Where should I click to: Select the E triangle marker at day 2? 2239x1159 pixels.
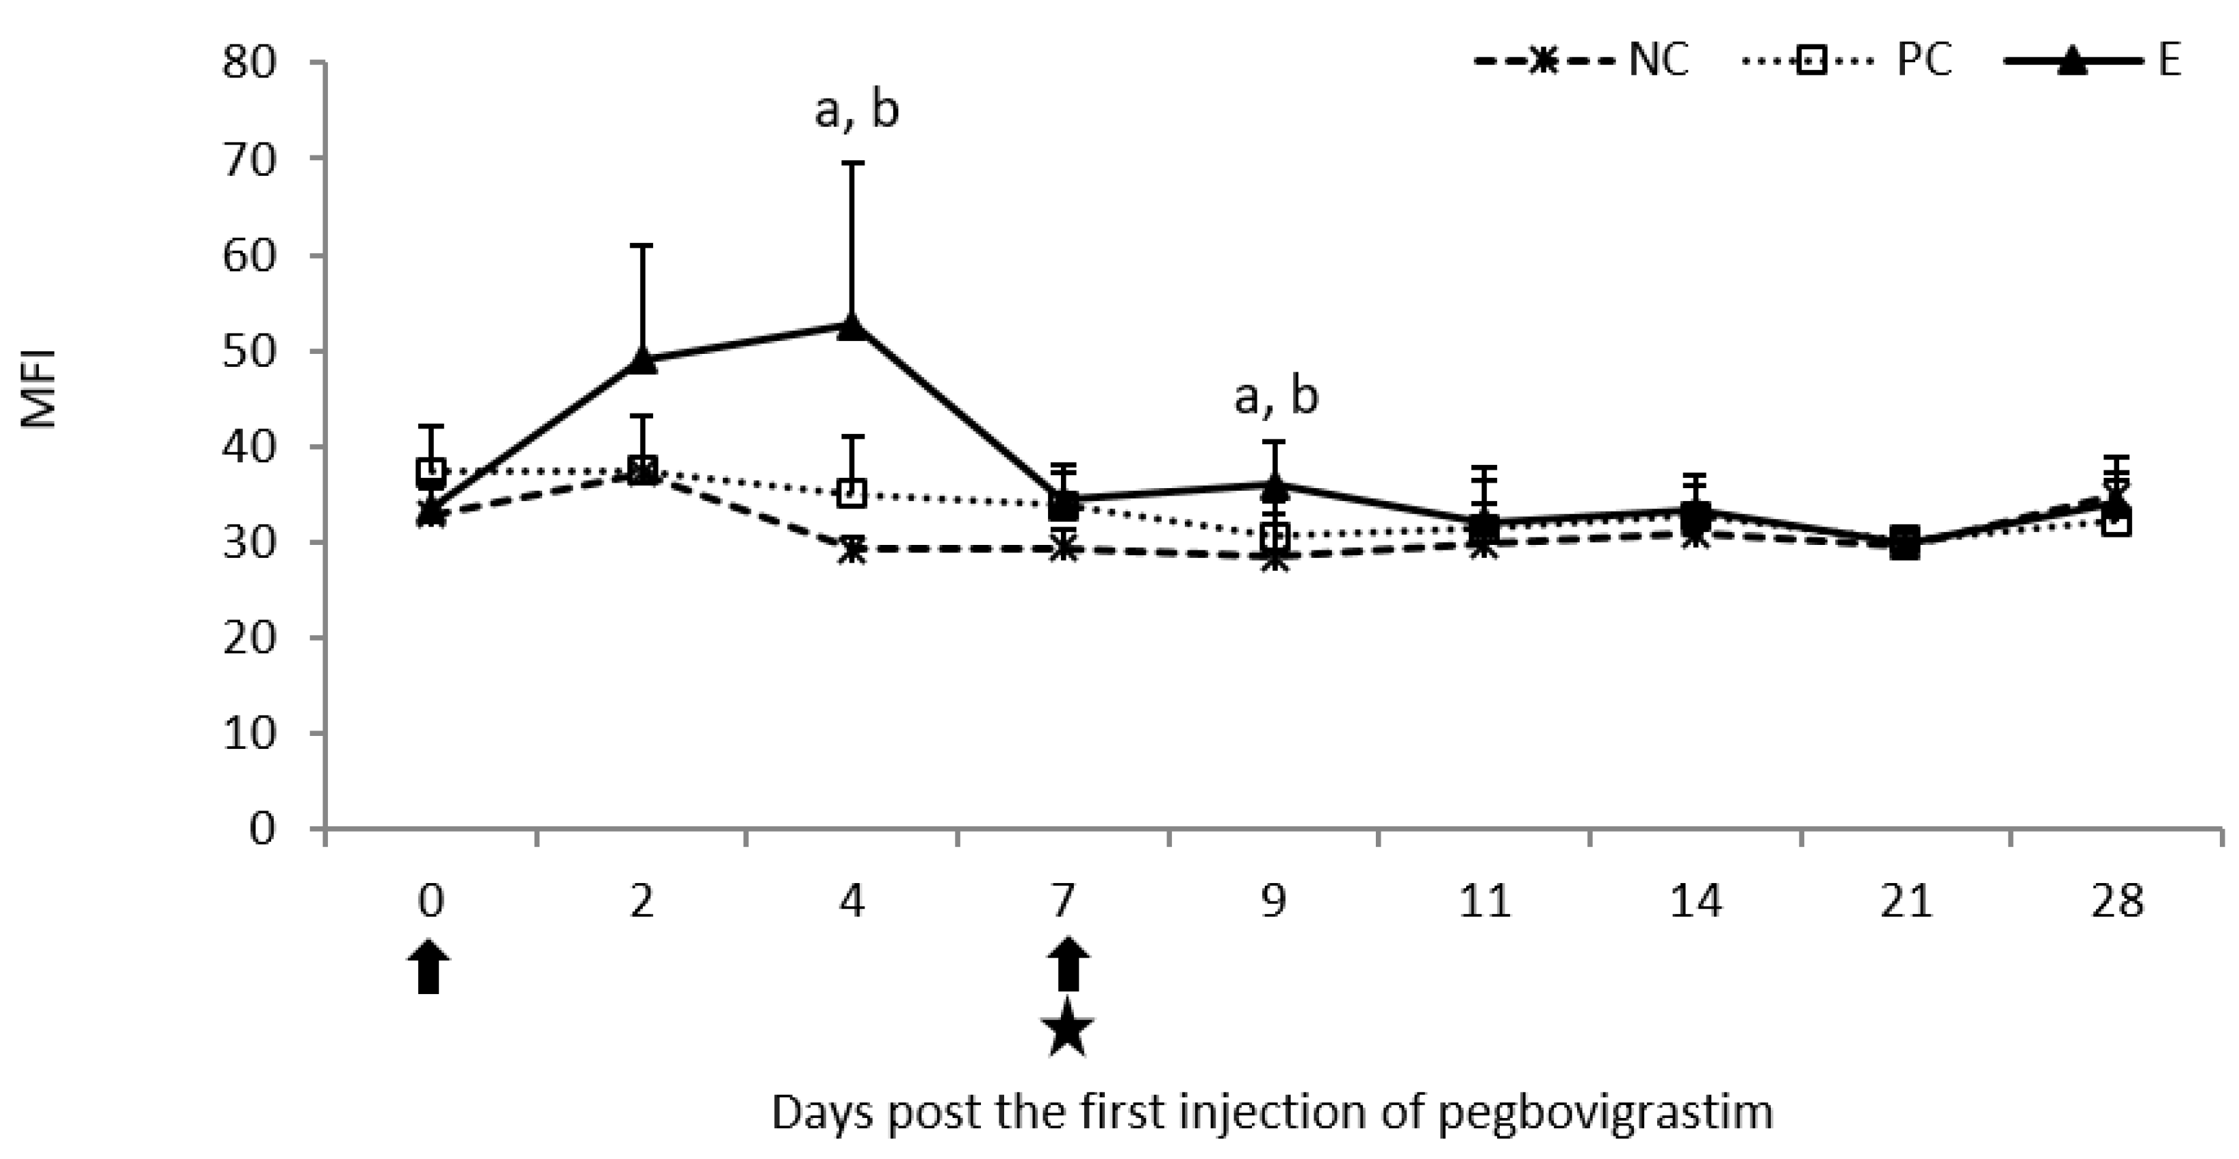[641, 361]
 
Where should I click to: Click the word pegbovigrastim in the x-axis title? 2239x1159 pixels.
[1604, 1114]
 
